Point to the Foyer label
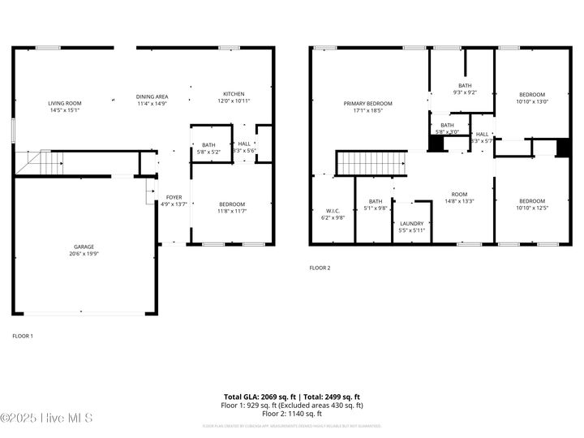[x=174, y=201]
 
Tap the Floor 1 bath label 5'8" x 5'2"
[x=209, y=148]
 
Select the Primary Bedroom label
[x=367, y=107]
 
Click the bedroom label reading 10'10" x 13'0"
[x=532, y=97]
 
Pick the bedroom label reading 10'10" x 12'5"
[x=532, y=204]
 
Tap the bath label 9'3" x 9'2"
[x=465, y=88]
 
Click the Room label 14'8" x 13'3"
[x=460, y=198]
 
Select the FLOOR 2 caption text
[x=320, y=268]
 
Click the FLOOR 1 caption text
[x=23, y=335]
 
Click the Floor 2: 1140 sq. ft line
[x=292, y=413]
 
